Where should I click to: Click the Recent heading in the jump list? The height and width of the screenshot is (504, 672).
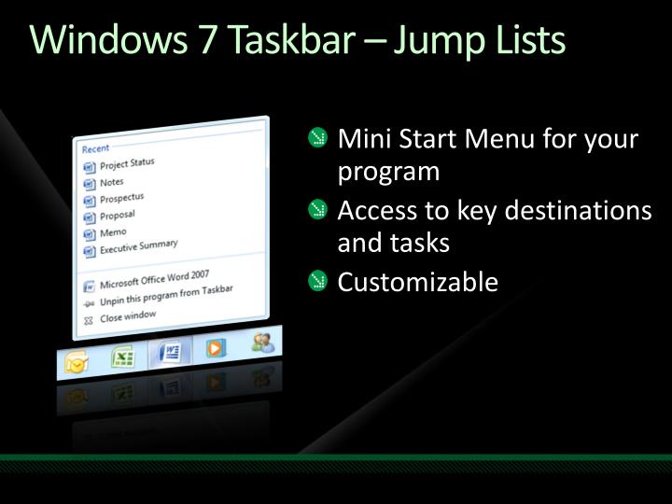tap(95, 148)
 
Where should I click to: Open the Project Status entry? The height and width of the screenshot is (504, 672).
tap(127, 164)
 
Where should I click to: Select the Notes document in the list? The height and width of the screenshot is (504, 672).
tap(111, 182)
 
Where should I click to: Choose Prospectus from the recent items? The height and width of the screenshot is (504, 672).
tap(121, 199)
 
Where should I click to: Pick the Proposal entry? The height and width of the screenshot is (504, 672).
tap(117, 216)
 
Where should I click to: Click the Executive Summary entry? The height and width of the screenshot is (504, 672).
tap(138, 246)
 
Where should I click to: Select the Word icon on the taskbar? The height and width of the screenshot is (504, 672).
tap(170, 353)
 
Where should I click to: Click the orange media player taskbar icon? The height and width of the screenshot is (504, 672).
tap(216, 348)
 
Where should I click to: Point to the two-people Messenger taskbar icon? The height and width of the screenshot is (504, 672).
tap(262, 343)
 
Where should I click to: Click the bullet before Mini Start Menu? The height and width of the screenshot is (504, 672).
tap(319, 141)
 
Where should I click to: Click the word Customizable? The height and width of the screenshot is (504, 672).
tap(417, 281)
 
